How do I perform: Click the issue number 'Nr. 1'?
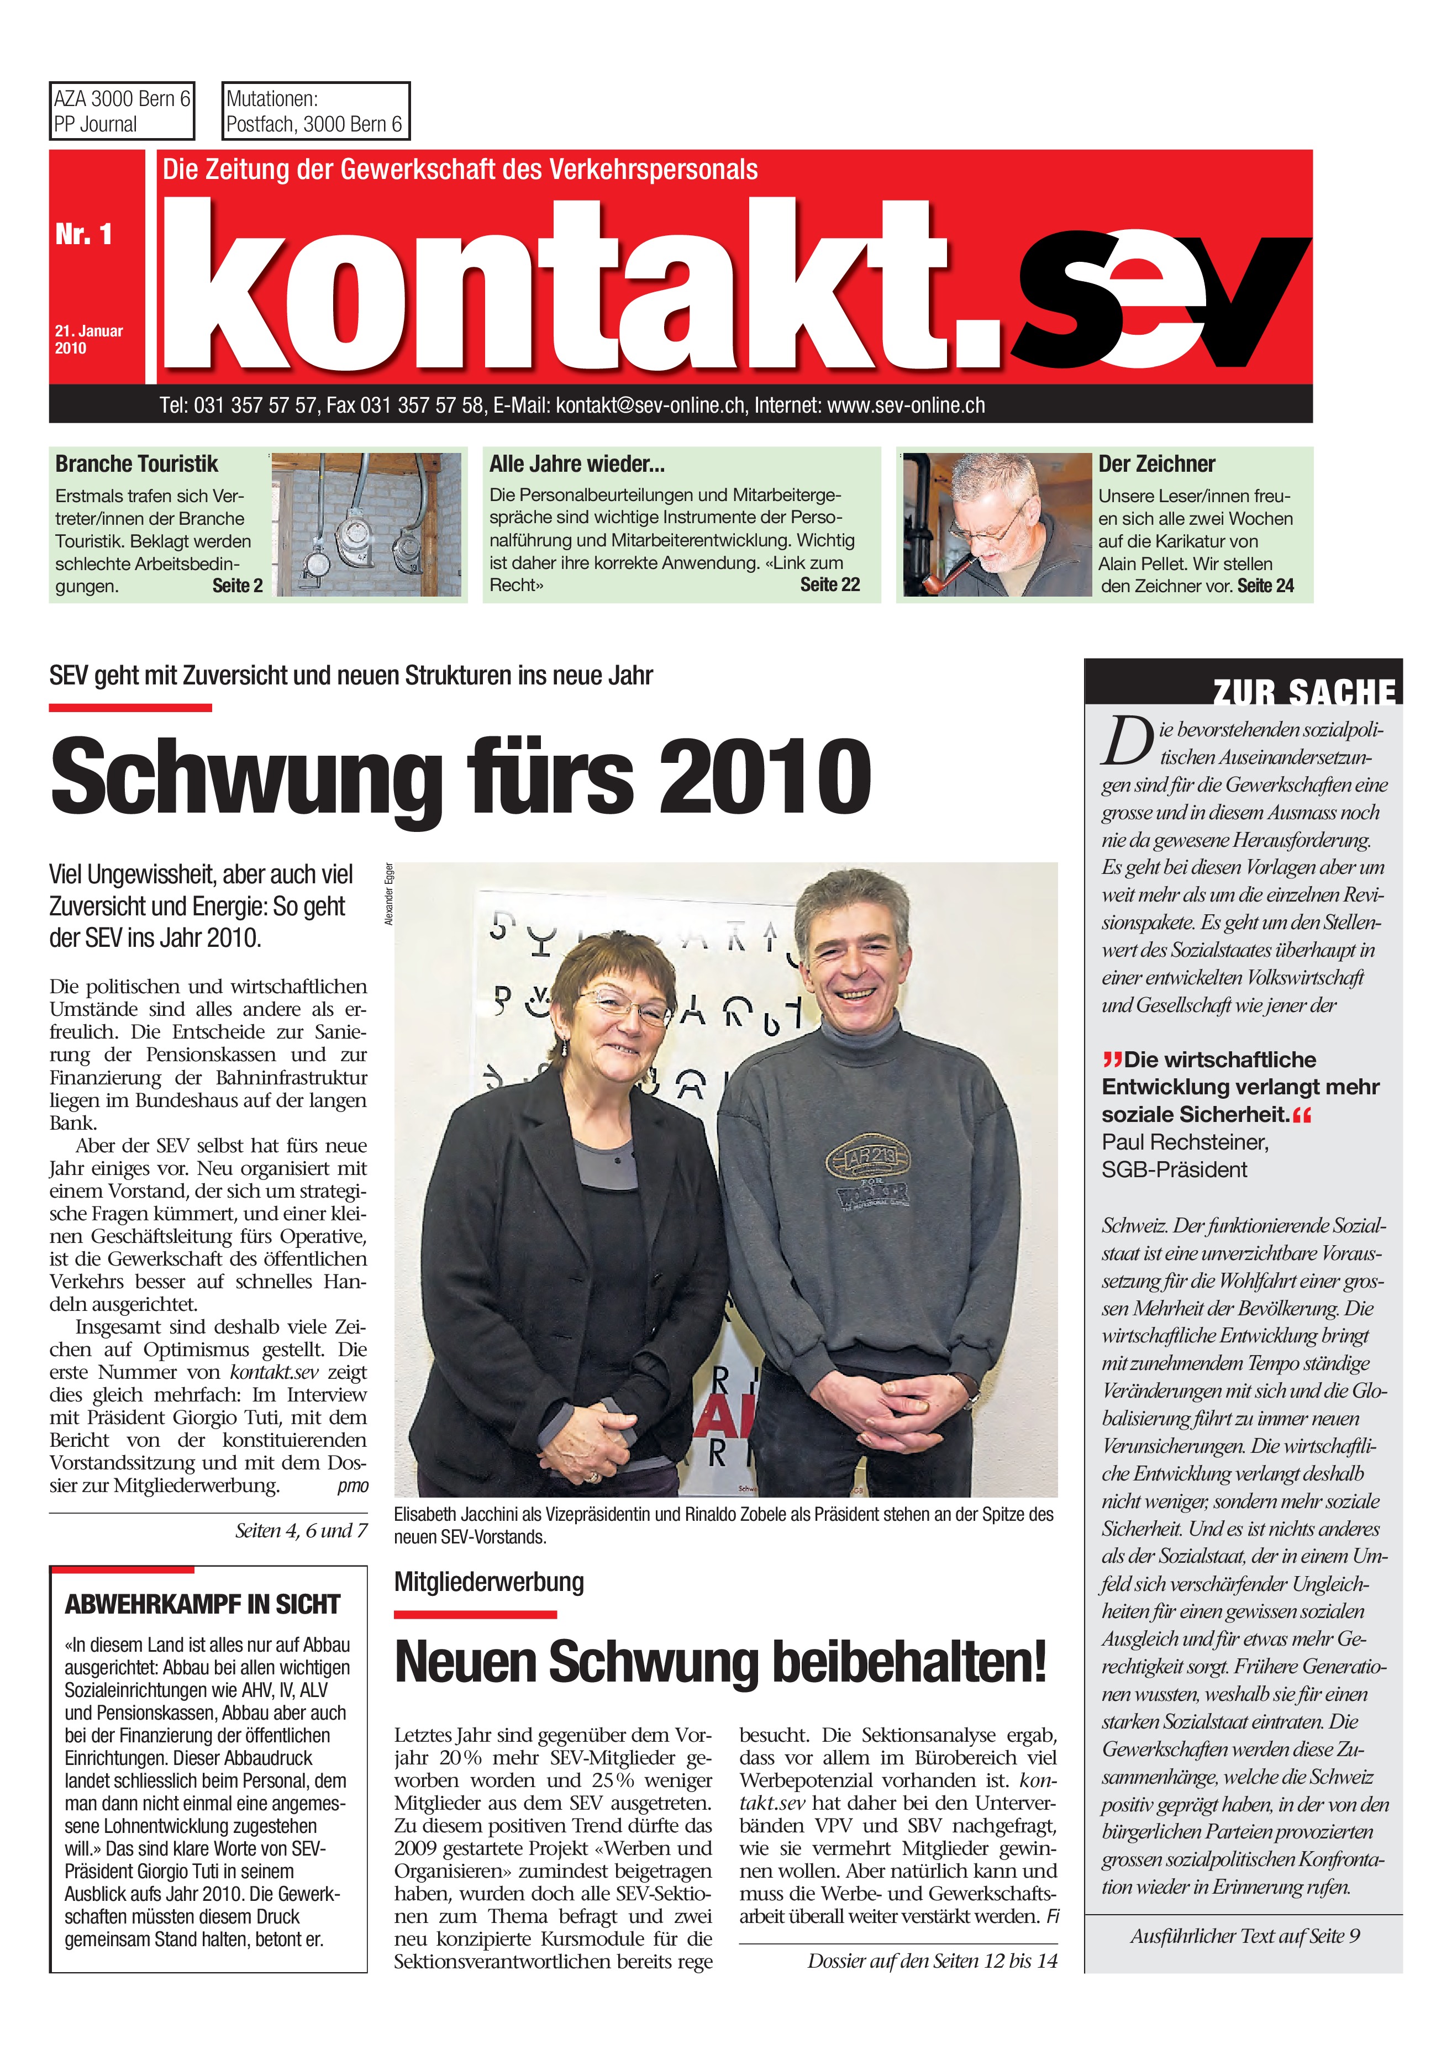click(x=83, y=234)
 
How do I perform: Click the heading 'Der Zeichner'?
click(x=1156, y=463)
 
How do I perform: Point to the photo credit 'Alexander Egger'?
click(x=388, y=894)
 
